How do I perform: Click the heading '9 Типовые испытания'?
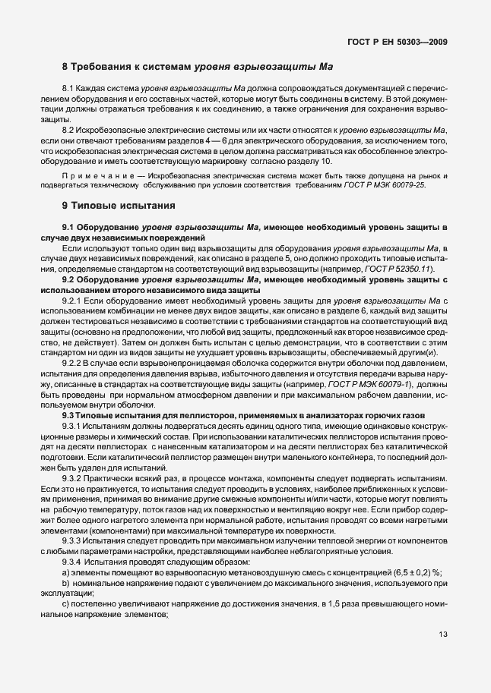[119, 205]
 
